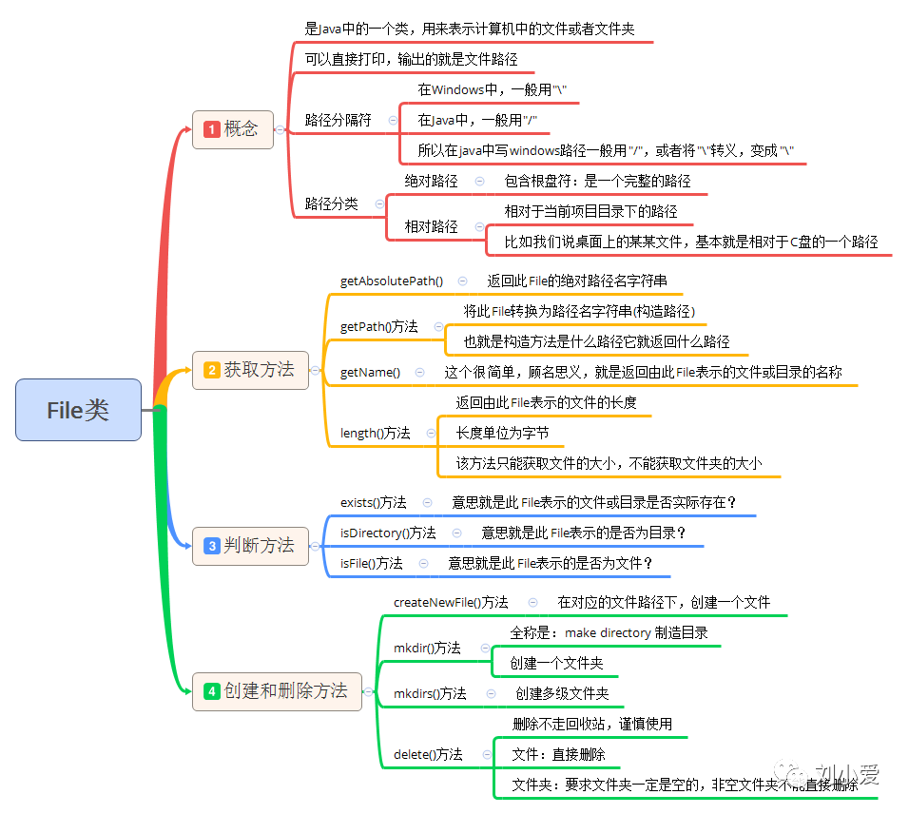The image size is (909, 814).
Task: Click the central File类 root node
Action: click(x=78, y=410)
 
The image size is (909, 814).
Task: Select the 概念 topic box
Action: click(x=233, y=129)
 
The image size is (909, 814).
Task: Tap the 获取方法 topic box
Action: click(x=250, y=370)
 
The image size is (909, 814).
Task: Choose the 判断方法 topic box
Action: click(x=250, y=546)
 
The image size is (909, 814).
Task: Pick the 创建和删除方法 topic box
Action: click(x=277, y=691)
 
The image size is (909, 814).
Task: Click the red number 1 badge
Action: click(x=211, y=129)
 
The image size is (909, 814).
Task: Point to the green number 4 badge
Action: click(x=211, y=692)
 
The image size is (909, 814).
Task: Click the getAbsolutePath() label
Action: click(x=392, y=281)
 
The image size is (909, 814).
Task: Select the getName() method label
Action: click(x=370, y=373)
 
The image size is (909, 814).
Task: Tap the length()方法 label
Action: click(x=376, y=434)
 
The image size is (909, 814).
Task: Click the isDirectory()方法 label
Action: click(x=388, y=533)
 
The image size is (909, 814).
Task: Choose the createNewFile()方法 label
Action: click(x=451, y=603)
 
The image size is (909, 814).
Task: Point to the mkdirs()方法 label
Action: click(x=430, y=694)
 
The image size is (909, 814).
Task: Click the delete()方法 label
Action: click(x=428, y=755)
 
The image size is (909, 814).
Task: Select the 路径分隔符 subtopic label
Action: click(x=338, y=121)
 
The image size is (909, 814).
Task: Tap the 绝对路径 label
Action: click(x=431, y=181)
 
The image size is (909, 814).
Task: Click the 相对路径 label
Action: click(x=431, y=227)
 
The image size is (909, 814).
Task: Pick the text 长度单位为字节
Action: click(x=502, y=434)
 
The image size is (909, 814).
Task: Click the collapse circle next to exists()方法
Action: click(x=428, y=502)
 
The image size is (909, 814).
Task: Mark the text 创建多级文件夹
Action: click(x=562, y=694)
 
